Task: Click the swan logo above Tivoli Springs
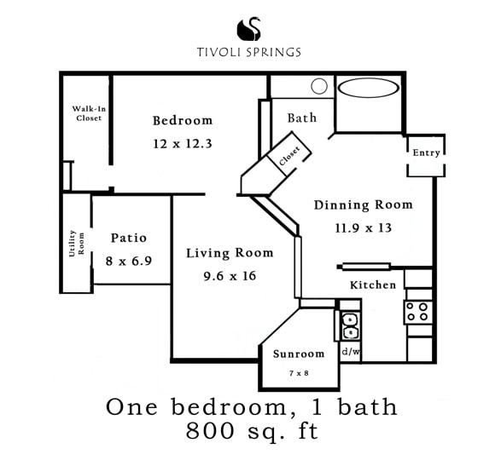pyautogui.click(x=249, y=29)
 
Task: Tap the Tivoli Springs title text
pyautogui.click(x=249, y=52)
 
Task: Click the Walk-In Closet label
pyautogui.click(x=89, y=113)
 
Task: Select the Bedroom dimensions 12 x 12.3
pyautogui.click(x=183, y=144)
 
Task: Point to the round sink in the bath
pyautogui.click(x=319, y=86)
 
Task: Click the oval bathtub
pyautogui.click(x=369, y=88)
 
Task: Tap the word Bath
pyautogui.click(x=302, y=118)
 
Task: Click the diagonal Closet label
pyautogui.click(x=289, y=156)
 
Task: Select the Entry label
pyautogui.click(x=426, y=152)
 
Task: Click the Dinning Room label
pyautogui.click(x=364, y=204)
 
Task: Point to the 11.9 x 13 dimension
pyautogui.click(x=364, y=228)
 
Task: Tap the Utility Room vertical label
pyautogui.click(x=77, y=243)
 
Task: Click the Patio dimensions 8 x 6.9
pyautogui.click(x=128, y=262)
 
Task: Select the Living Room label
pyautogui.click(x=230, y=253)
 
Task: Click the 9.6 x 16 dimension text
pyautogui.click(x=230, y=276)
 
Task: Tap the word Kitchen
pyautogui.click(x=373, y=285)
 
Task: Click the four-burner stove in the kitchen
pyautogui.click(x=418, y=312)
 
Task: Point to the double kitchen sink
pyautogui.click(x=351, y=326)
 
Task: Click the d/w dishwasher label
pyautogui.click(x=351, y=352)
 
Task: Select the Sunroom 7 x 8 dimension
pyautogui.click(x=299, y=373)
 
